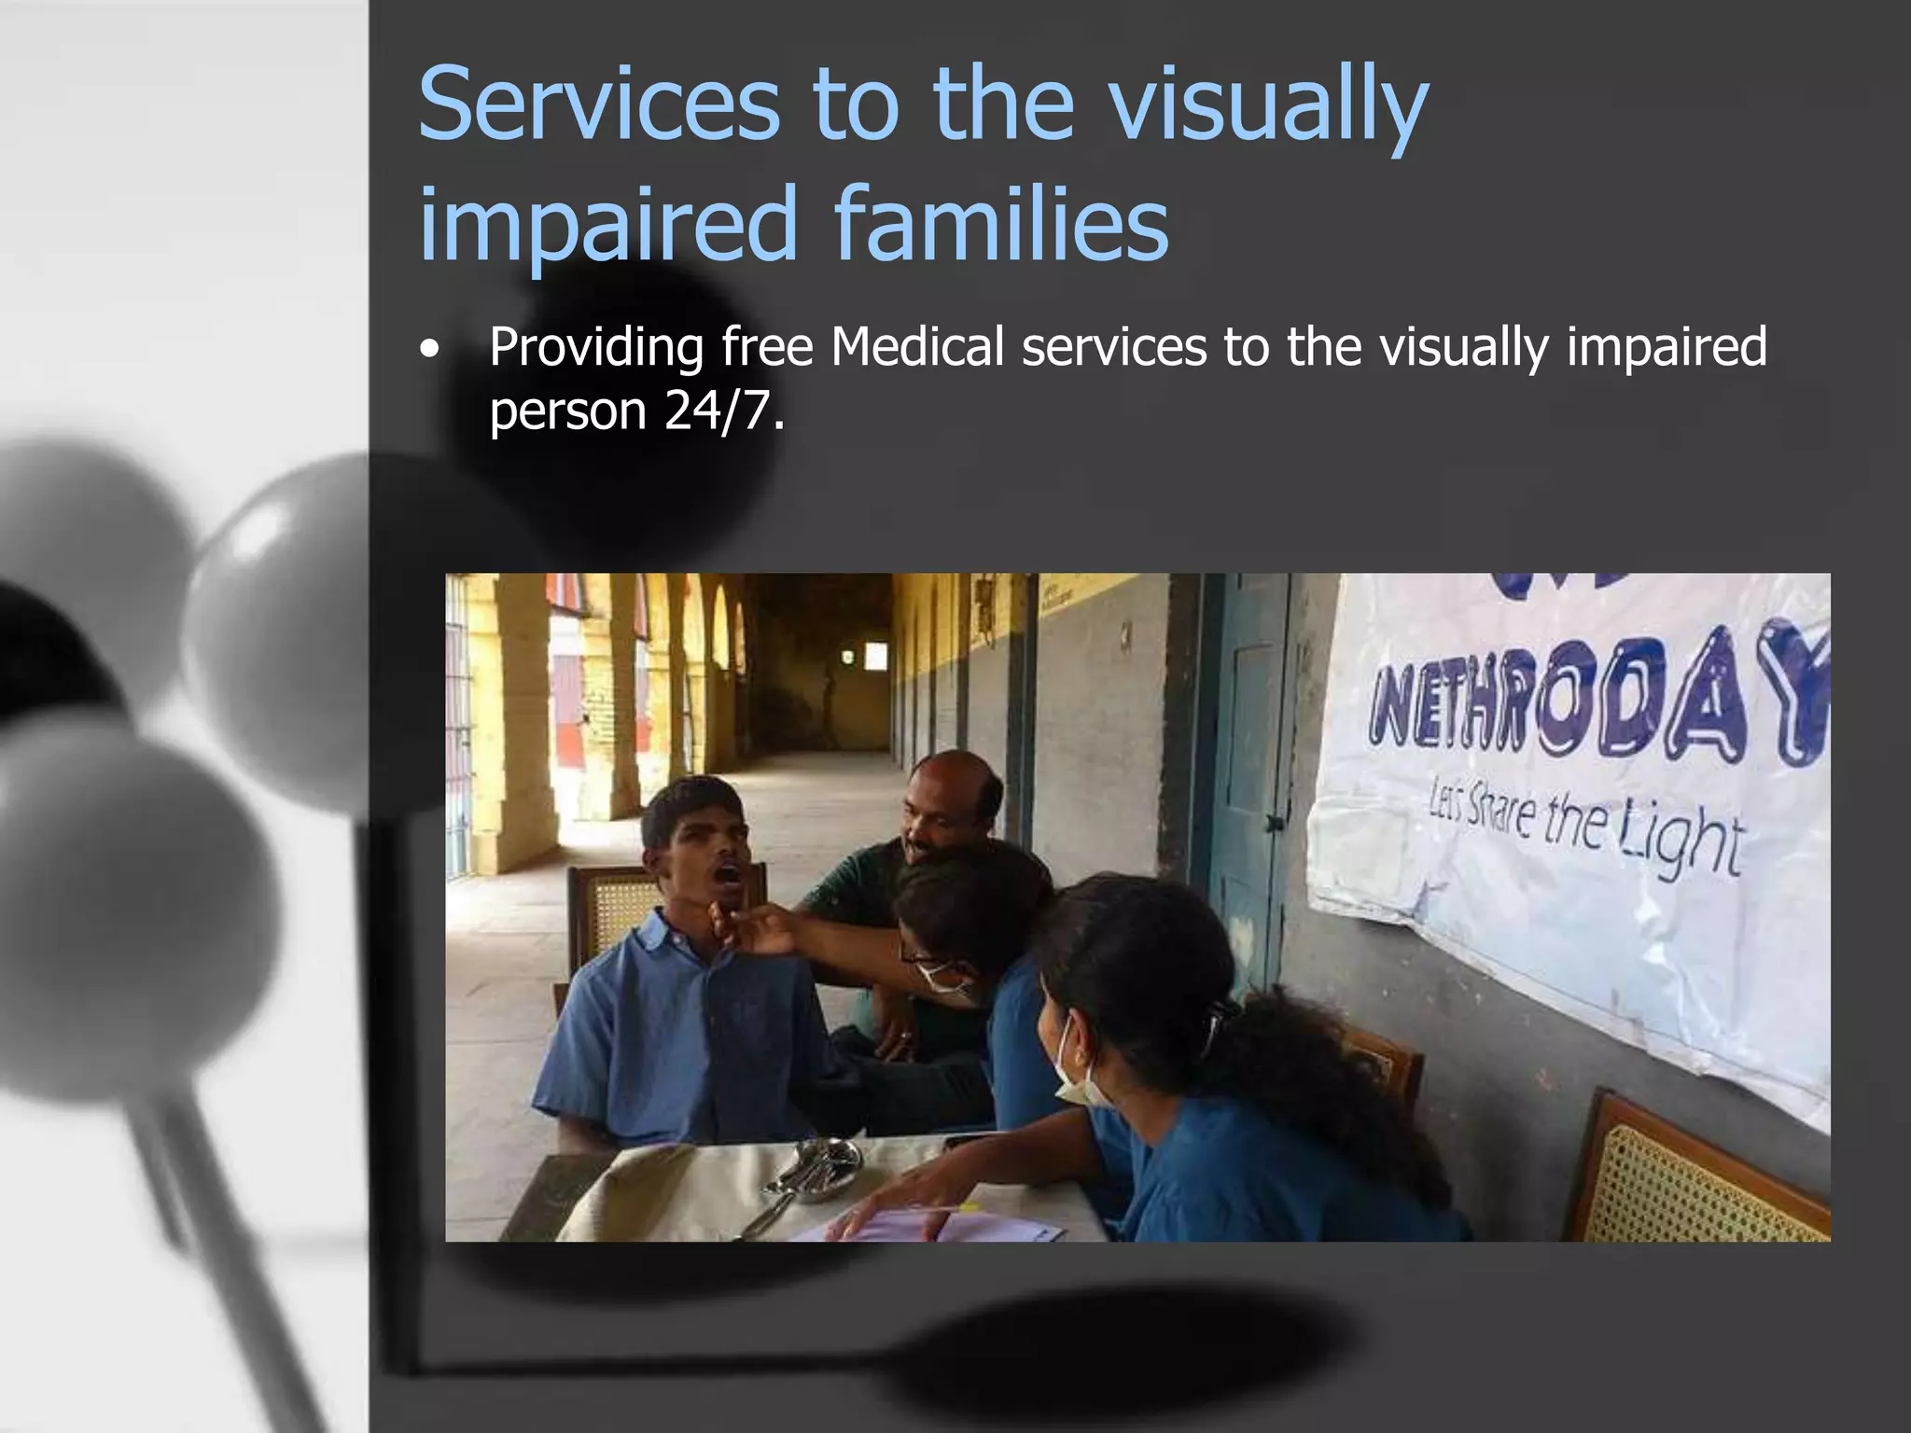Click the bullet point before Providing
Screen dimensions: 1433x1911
[x=428, y=351]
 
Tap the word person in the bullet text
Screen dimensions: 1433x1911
[x=567, y=410]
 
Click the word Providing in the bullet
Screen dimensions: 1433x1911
[x=596, y=347]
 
